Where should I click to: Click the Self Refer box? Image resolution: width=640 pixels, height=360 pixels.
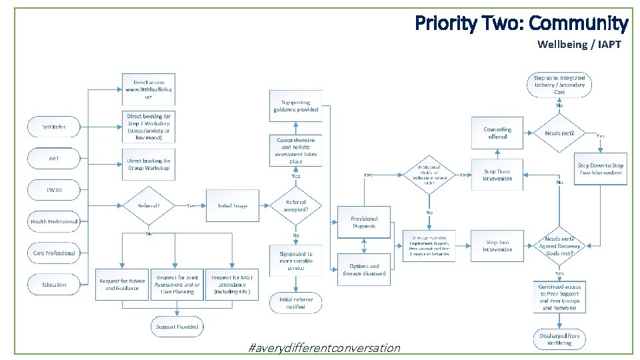pos(54,127)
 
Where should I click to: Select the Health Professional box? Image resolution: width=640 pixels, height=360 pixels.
pos(54,221)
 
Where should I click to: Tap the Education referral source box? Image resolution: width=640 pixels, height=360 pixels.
pos(54,285)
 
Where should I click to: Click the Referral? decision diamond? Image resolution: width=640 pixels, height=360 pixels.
pos(148,205)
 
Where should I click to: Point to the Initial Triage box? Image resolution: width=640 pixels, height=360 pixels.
pos(232,205)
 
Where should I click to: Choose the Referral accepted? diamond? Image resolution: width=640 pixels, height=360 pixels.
pos(296,205)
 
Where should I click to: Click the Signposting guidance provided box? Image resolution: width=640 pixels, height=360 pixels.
pos(296,106)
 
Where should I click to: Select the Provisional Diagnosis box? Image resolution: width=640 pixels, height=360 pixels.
pos(364,222)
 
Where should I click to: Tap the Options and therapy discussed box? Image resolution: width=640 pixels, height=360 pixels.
pos(364,269)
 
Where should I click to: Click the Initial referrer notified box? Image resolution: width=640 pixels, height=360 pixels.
pos(296,303)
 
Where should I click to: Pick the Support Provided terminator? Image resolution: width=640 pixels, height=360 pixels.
pos(177,327)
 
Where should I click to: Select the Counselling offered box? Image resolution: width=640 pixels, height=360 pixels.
pos(497,133)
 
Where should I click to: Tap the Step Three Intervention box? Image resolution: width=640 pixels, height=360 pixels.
pos(497,175)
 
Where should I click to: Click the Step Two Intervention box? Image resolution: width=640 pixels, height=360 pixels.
pos(497,246)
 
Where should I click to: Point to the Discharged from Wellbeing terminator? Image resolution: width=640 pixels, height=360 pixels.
pos(560,339)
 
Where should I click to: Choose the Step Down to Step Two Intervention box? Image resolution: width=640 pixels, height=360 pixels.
pos(600,169)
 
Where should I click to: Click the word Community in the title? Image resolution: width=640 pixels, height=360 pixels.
pos(578,24)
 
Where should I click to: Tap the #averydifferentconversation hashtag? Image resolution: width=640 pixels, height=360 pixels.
pos(323,348)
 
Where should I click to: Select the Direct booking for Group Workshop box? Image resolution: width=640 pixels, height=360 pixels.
pos(148,164)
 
